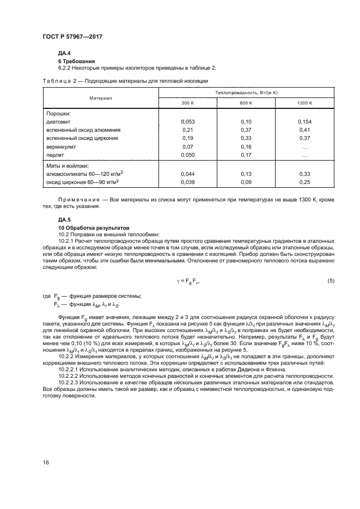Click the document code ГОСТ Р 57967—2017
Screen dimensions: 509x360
coord(72,36)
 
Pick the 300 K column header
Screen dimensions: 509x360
coord(187,103)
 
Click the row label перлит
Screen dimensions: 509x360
coord(57,155)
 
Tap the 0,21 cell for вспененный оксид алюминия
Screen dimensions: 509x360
coord(187,130)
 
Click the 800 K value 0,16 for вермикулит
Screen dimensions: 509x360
coord(246,147)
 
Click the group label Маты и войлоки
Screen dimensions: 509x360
coord(68,165)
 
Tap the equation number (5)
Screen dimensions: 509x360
coord(331,280)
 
